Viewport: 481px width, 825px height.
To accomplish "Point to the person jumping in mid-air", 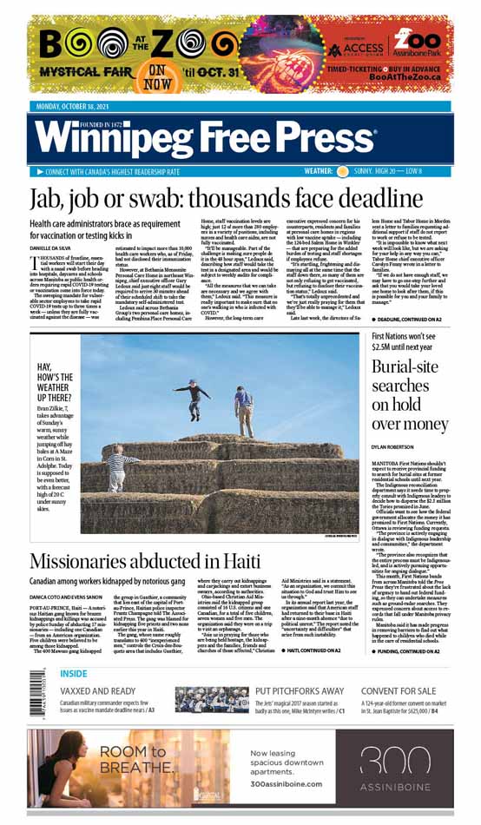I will (191, 395).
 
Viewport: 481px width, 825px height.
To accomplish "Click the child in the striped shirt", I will (119, 468).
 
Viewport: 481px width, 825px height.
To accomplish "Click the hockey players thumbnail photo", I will (211, 700).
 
